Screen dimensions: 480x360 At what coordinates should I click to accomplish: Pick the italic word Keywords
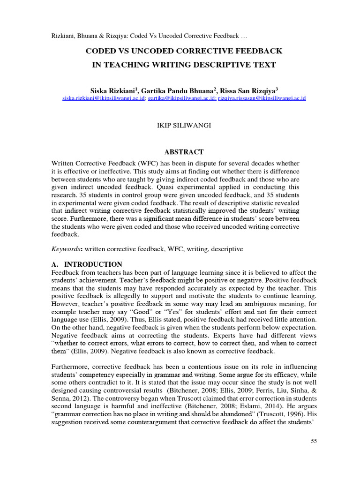[x=67, y=249]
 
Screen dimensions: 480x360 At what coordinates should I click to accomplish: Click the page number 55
[x=314, y=441]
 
